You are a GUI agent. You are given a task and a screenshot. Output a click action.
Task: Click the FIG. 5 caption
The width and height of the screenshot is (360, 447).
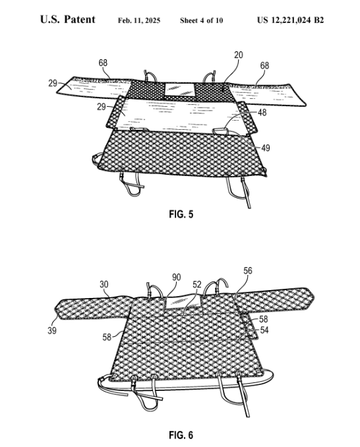(x=181, y=214)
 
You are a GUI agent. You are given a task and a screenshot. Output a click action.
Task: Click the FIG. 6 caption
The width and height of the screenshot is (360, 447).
(x=181, y=435)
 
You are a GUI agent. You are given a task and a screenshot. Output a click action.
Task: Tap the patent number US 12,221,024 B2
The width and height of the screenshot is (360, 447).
(x=290, y=20)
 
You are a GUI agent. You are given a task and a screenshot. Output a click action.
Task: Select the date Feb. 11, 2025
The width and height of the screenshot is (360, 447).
(x=139, y=20)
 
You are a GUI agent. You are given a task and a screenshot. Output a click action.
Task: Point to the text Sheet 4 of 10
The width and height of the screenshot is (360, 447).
(x=202, y=20)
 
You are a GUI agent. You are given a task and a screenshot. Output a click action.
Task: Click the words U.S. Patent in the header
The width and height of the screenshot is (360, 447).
(x=68, y=19)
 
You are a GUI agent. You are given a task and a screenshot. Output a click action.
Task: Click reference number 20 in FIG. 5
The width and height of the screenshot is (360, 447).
(x=239, y=55)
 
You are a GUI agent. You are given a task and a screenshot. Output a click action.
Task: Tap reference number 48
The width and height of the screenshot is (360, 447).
(x=262, y=113)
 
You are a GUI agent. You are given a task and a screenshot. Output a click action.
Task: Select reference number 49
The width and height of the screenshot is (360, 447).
(x=266, y=148)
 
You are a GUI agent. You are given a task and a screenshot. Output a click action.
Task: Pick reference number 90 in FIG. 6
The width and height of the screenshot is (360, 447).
(x=177, y=277)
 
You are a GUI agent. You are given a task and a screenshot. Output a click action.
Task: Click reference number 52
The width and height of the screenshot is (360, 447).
(x=197, y=284)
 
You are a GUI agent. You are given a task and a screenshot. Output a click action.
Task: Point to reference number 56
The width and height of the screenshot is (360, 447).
(x=248, y=270)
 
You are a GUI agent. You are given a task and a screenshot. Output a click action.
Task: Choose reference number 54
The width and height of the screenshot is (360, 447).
(x=264, y=330)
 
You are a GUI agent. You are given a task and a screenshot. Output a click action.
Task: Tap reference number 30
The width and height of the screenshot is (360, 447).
(x=104, y=284)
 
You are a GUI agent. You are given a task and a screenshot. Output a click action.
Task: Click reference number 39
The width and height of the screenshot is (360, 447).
(x=52, y=331)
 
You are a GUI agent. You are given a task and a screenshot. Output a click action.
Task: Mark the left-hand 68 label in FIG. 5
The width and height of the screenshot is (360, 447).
(x=103, y=63)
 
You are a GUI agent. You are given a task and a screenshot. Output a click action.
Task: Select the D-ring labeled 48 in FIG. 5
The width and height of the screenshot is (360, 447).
(x=220, y=131)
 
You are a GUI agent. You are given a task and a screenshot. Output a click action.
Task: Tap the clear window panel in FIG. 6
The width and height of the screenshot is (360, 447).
(x=183, y=302)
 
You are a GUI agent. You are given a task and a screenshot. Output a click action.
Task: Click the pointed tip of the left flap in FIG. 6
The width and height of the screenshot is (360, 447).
(x=55, y=309)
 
